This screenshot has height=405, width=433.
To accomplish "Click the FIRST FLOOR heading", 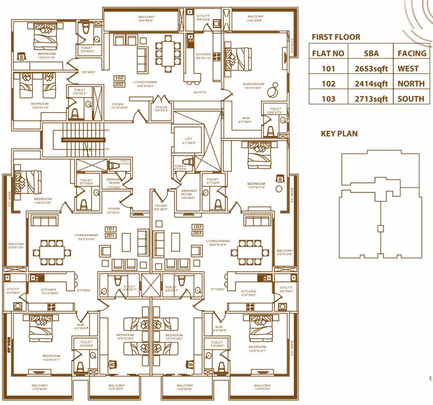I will pos(336,37).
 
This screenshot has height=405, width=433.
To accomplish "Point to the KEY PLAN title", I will pos(339,134).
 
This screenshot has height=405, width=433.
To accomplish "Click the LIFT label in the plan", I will pos(188,140).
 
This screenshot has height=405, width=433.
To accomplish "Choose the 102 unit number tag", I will pos(119,78).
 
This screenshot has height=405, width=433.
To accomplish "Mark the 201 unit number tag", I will pos(110,236).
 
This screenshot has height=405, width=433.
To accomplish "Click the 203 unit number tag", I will pos(197,233).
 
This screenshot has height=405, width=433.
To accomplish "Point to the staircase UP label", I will pos(107,149).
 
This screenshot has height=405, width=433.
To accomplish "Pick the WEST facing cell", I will pos(408,69).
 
